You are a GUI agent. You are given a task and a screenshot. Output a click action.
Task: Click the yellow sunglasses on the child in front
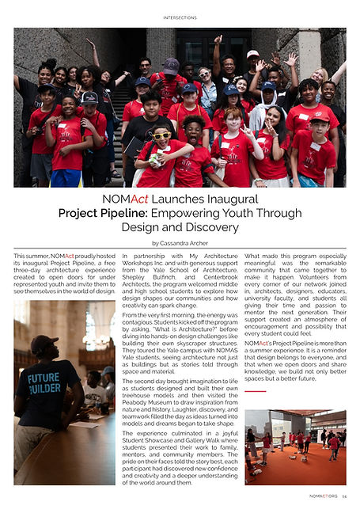pos(161,135)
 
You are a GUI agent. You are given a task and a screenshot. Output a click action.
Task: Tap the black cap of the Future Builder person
pos(44,344)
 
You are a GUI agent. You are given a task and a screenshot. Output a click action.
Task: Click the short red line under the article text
pos(255,391)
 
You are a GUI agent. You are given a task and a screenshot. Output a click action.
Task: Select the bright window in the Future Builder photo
pos(102,325)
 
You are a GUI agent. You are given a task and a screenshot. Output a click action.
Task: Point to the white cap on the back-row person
pos(252,55)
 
